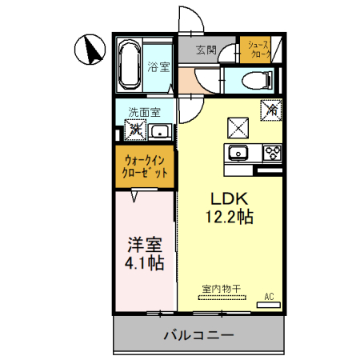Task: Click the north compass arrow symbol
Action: coord(90,51)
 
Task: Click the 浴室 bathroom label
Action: coord(158,67)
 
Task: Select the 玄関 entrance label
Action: coord(206,50)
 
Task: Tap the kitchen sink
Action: coord(237,153)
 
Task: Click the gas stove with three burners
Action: coord(269,152)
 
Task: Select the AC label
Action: coord(269,297)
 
